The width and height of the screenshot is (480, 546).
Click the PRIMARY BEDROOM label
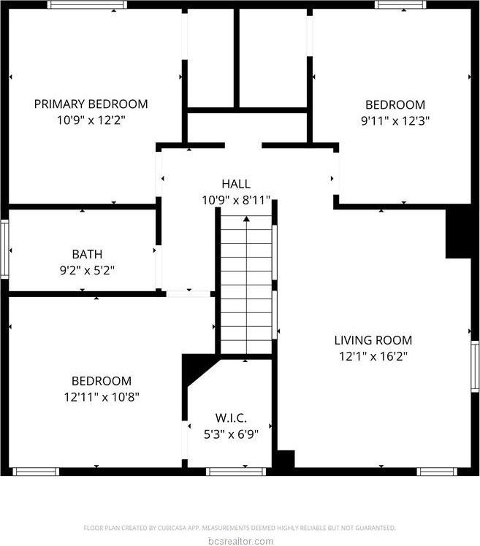pyautogui.click(x=91, y=104)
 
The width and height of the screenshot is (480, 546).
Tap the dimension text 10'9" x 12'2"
pyautogui.click(x=91, y=120)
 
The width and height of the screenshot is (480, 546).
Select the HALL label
pyautogui.click(x=236, y=184)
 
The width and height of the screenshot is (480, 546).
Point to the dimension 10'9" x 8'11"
pyautogui.click(x=236, y=200)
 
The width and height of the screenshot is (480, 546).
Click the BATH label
pyautogui.click(x=87, y=254)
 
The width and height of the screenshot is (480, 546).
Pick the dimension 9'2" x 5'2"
pyautogui.click(x=87, y=270)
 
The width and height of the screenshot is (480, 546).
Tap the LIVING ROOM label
pyautogui.click(x=373, y=340)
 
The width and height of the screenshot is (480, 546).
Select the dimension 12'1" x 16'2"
pyautogui.click(x=373, y=356)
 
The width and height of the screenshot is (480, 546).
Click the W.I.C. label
pyautogui.click(x=231, y=418)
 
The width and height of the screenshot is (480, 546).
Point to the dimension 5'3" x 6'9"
pyautogui.click(x=231, y=434)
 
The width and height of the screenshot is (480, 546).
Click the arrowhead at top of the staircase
pyautogui.click(x=247, y=218)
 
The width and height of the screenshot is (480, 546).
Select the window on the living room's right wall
pyautogui.click(x=475, y=365)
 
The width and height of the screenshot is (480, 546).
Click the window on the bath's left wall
pyautogui.click(x=4, y=249)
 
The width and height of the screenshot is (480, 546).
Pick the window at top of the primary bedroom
pyautogui.click(x=87, y=4)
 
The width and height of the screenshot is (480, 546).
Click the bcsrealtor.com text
pyautogui.click(x=240, y=541)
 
